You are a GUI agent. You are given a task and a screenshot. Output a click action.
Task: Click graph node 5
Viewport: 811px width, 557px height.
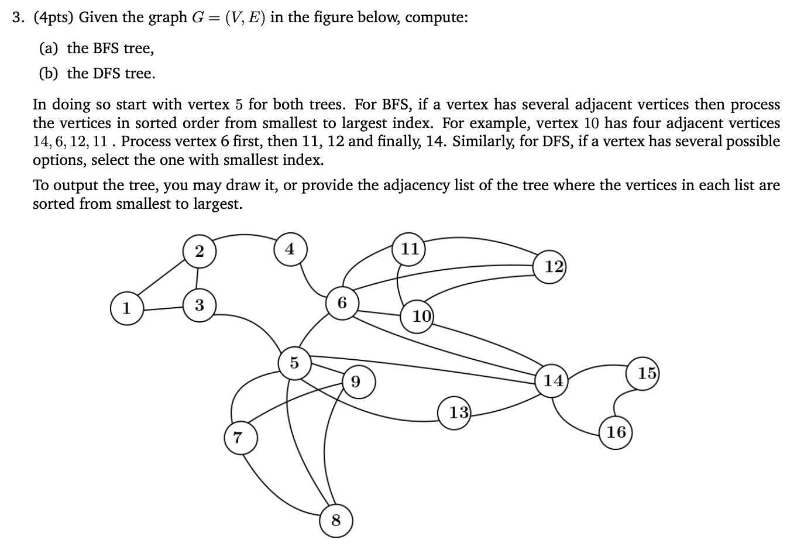[294, 363]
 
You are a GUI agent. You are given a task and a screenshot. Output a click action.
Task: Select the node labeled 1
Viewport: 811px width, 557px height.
[126, 308]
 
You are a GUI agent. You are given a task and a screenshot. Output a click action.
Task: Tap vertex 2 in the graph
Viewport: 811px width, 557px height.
[199, 252]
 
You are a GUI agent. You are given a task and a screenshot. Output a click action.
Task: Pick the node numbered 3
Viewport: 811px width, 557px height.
[199, 305]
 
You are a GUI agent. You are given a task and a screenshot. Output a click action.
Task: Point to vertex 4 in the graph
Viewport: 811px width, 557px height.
[290, 249]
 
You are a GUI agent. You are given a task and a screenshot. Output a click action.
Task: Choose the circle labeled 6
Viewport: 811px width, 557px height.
[342, 302]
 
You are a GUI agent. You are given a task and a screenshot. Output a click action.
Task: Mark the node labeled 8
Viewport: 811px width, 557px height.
[336, 520]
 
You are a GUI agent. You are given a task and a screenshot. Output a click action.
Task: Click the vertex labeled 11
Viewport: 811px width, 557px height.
[410, 249]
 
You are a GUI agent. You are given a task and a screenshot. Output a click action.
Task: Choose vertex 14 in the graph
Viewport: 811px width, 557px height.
[552, 381]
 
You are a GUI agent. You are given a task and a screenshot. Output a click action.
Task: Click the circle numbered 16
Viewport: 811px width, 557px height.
[616, 432]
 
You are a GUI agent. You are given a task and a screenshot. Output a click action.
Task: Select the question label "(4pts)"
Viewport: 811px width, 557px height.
[53, 18]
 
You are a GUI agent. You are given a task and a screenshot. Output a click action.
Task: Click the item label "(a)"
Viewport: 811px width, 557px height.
[49, 48]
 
